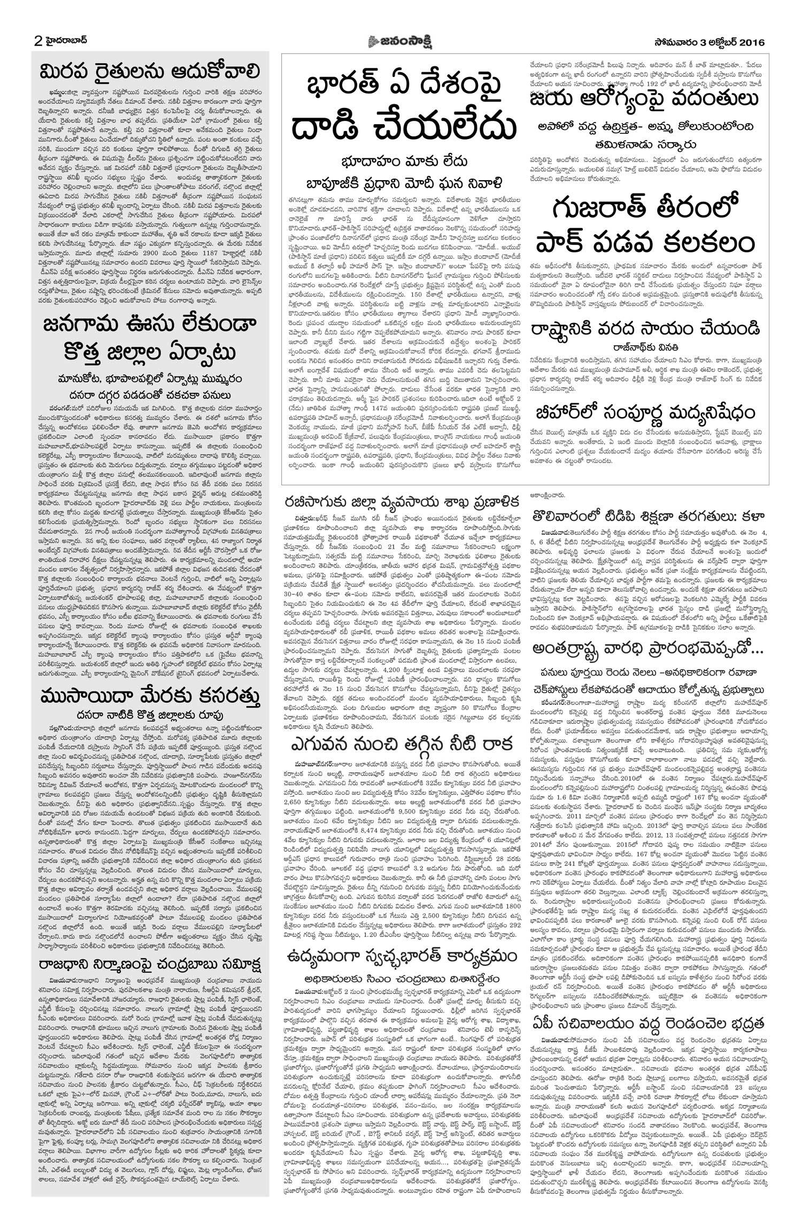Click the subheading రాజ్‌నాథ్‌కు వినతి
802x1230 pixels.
(x=642, y=346)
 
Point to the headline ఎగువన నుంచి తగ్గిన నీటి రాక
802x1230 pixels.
(x=401, y=743)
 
